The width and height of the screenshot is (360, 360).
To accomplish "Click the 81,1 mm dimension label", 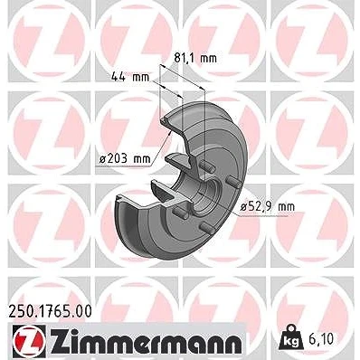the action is [195, 58].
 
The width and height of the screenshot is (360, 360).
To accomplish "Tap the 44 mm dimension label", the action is [130, 77].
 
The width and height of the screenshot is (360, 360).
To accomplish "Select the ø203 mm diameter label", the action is [125, 158].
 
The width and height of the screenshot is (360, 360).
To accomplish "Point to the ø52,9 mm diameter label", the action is [268, 206].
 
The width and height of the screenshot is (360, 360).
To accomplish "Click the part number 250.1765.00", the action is [50, 311].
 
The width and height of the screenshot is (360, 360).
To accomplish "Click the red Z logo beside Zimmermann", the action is [29, 340].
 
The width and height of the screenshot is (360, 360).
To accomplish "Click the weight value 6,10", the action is [321, 339].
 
